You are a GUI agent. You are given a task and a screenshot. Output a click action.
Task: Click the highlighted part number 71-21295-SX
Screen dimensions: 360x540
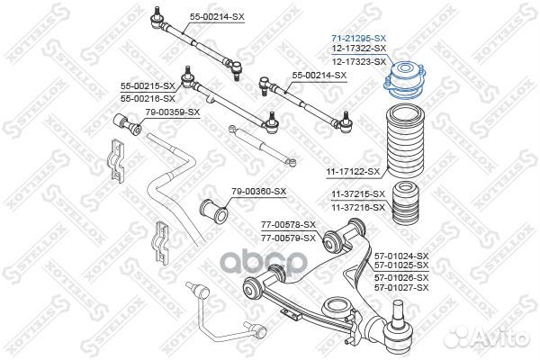(359, 38)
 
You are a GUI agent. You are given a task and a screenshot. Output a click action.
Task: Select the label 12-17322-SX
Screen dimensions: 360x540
(359, 49)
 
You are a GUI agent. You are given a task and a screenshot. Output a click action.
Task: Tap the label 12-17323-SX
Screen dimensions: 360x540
(359, 60)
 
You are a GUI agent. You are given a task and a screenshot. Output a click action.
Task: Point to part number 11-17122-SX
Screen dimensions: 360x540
(354, 170)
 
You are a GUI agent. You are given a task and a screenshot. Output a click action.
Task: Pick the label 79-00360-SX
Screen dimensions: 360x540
(258, 191)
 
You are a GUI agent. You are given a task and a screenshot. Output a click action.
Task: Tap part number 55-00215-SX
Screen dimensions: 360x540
(148, 85)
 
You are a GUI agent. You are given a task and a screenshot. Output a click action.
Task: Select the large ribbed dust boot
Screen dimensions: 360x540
(402, 144)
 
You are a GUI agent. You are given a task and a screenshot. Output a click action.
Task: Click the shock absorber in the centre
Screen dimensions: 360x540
(262, 145)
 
